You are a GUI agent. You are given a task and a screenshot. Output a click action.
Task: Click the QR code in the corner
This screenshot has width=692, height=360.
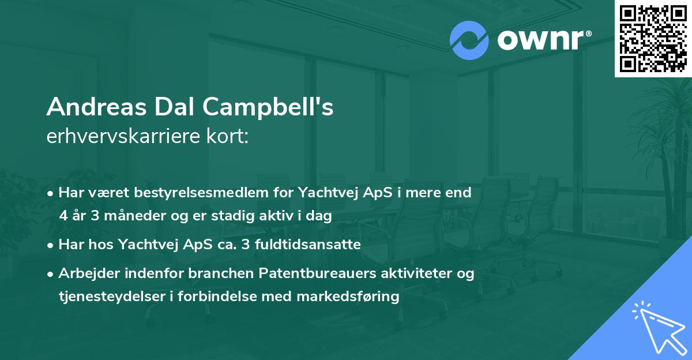(652, 38)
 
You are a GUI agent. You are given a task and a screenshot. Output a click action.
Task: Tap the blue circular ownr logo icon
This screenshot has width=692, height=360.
(469, 40)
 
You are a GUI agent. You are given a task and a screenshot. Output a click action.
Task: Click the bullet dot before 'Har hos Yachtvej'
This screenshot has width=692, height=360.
(51, 245)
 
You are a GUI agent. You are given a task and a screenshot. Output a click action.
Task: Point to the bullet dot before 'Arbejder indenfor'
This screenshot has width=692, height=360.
(51, 274)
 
